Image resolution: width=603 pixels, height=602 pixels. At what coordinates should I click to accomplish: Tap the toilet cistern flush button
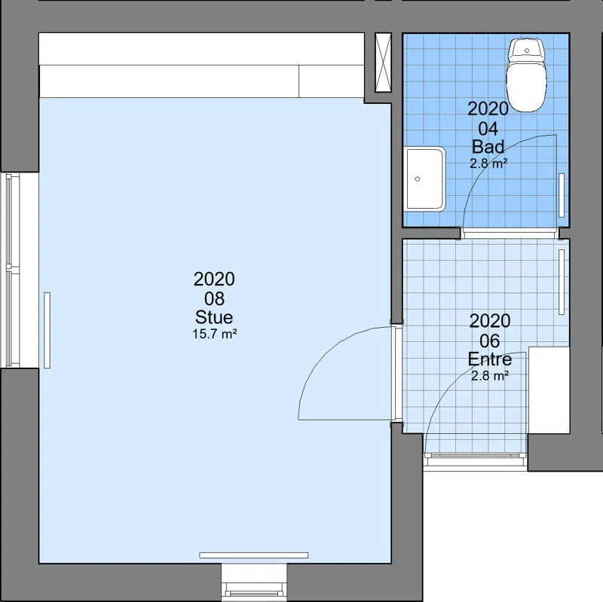[527, 50]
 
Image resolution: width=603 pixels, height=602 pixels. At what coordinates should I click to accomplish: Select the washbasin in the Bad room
[425, 179]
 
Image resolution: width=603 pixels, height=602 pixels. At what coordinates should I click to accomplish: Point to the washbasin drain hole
[418, 179]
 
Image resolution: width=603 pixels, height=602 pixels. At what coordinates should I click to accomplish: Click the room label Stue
[214, 317]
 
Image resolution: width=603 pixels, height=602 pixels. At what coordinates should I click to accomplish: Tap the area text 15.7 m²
[215, 334]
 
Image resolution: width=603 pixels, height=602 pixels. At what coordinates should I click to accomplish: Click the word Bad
[488, 146]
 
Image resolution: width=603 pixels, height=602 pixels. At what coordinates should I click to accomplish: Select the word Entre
[490, 359]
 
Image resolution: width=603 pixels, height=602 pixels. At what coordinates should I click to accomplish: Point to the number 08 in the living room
[214, 298]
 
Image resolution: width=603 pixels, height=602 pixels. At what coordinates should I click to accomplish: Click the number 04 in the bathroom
[488, 129]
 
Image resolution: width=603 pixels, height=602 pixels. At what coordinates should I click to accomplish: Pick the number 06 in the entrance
[490, 341]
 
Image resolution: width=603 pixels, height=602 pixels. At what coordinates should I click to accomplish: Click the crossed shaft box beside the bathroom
[383, 63]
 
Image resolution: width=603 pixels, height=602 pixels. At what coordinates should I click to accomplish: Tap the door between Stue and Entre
[397, 373]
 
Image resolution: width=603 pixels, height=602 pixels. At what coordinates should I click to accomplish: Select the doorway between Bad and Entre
[510, 233]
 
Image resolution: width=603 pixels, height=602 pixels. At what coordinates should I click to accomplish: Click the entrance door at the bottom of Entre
[475, 456]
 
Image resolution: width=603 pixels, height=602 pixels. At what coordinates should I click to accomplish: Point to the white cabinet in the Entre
[549, 390]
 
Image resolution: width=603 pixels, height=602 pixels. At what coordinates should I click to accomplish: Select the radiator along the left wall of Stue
[47, 330]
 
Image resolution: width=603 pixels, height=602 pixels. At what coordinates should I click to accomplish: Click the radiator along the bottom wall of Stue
[254, 555]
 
